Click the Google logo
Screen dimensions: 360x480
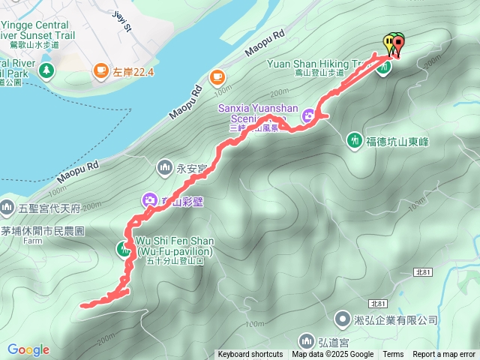pyautogui.click(x=28, y=349)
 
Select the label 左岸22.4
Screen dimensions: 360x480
pyautogui.click(x=133, y=71)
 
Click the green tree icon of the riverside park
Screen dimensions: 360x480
pyautogui.click(x=46, y=70)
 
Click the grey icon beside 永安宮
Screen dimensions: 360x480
pyautogui.click(x=165, y=166)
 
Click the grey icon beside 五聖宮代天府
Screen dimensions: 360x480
pyautogui.click(x=7, y=205)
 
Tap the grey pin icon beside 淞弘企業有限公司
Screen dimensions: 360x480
pyautogui.click(x=342, y=319)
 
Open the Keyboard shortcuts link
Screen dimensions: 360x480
pyautogui.click(x=250, y=355)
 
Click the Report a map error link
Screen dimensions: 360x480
pyautogui.click(x=445, y=355)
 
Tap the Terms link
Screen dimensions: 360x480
pyautogui.click(x=393, y=355)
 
